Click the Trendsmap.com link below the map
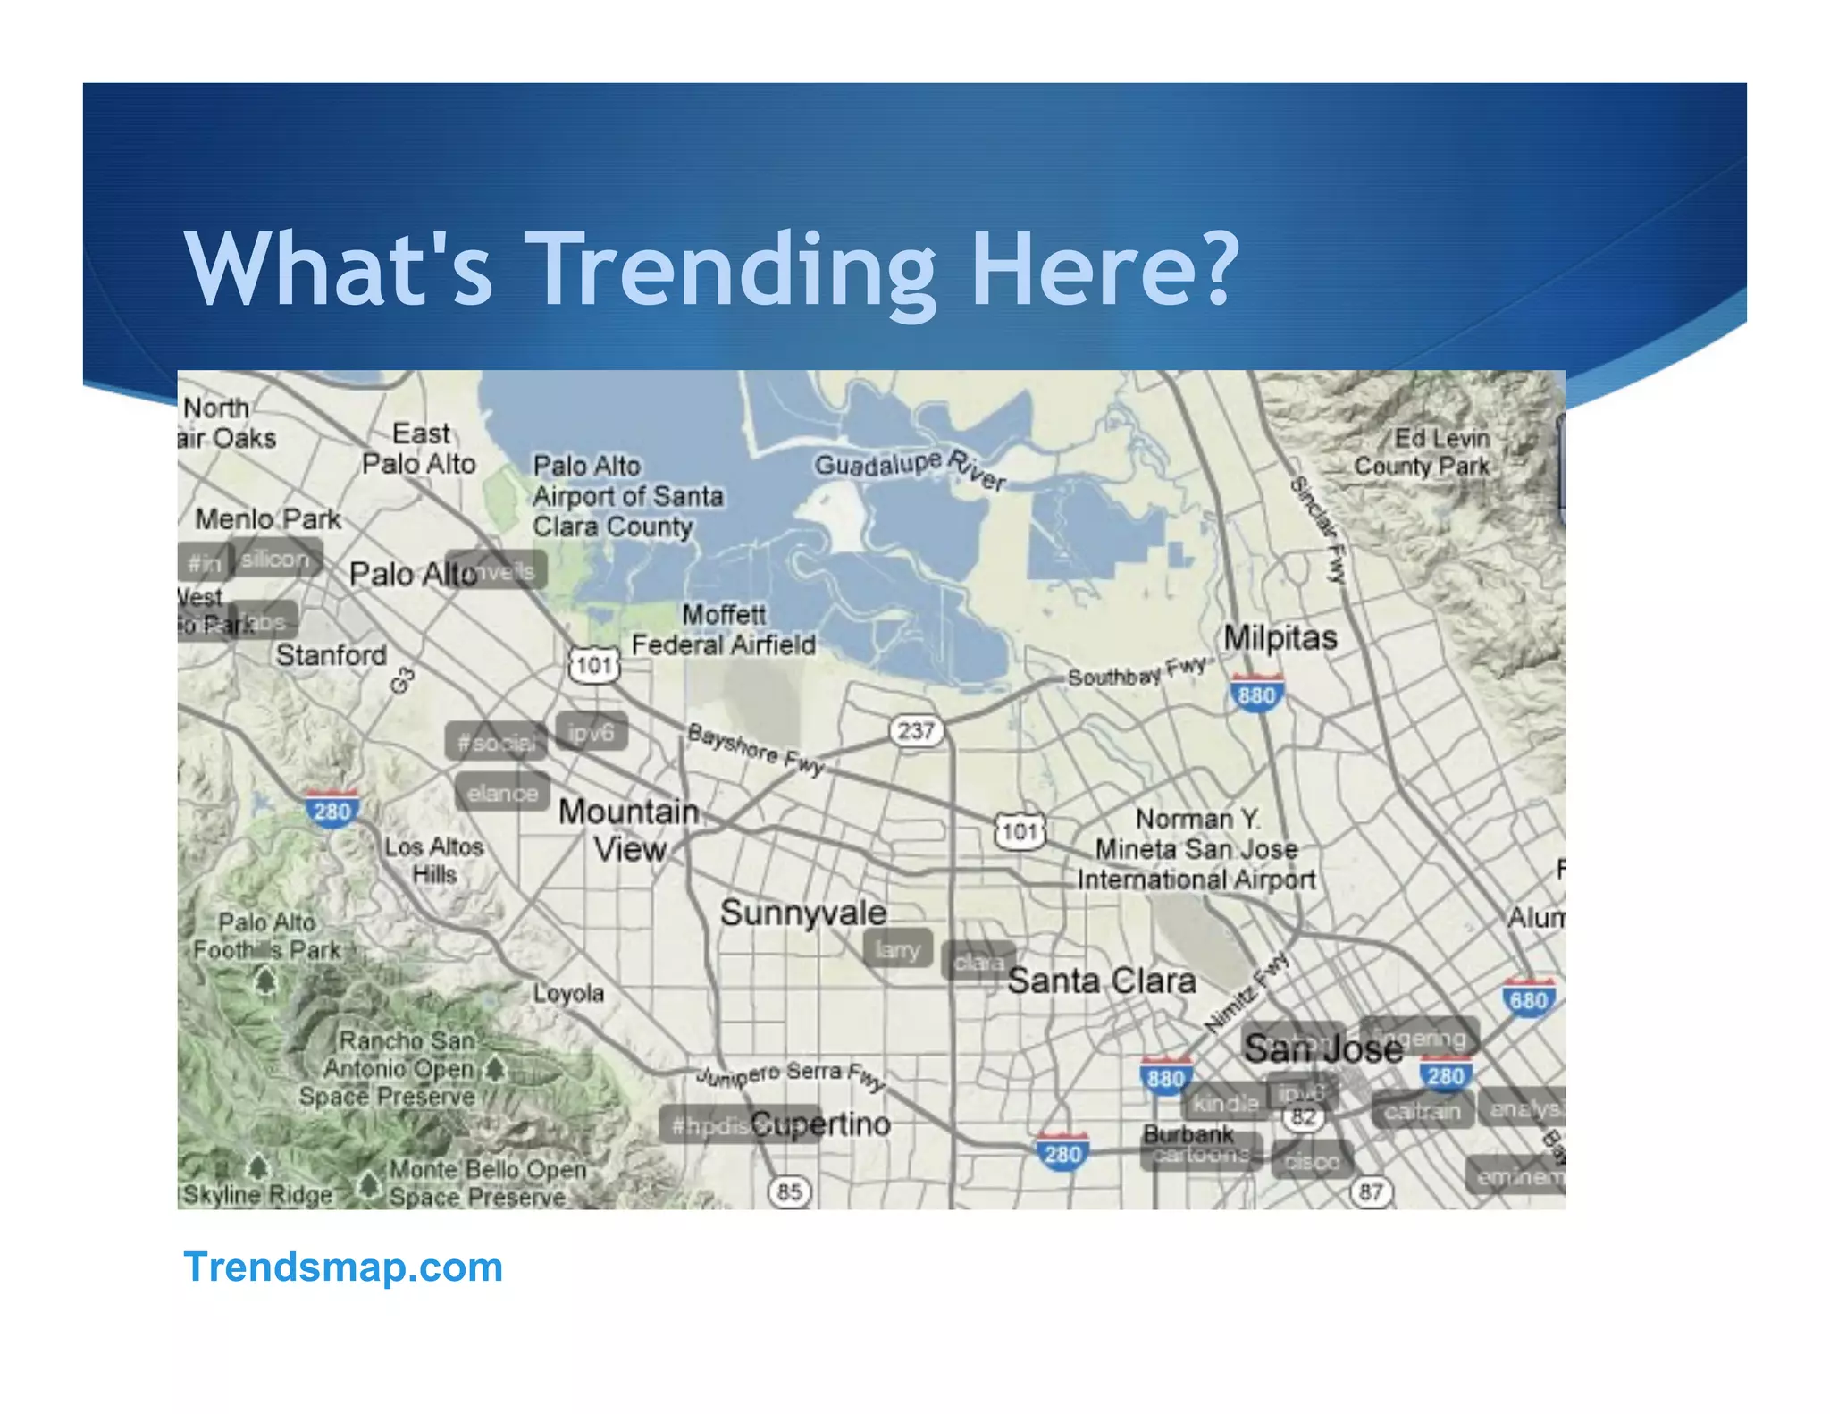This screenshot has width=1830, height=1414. tap(343, 1267)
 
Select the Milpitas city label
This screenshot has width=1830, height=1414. tap(1280, 638)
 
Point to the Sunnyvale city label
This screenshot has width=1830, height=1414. tap(802, 913)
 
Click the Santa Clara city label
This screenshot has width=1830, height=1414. tap(1101, 981)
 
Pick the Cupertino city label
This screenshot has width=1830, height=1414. tap(820, 1124)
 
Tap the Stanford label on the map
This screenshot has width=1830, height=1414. tap(331, 655)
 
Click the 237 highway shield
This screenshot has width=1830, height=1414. tap(916, 731)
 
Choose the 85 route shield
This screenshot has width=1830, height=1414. tap(789, 1191)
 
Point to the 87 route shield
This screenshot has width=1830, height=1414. tap(1371, 1191)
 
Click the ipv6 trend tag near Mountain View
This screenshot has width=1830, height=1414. tap(591, 733)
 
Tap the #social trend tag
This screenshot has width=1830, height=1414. tap(496, 742)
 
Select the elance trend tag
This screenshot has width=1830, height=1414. tap(502, 793)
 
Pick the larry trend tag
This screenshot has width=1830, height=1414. tap(897, 949)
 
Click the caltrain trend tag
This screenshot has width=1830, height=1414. tap(1422, 1111)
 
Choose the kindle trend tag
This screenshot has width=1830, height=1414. tap(1225, 1104)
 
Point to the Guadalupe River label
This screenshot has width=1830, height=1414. tap(910, 468)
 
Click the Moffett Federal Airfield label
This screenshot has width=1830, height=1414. tap(724, 629)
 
